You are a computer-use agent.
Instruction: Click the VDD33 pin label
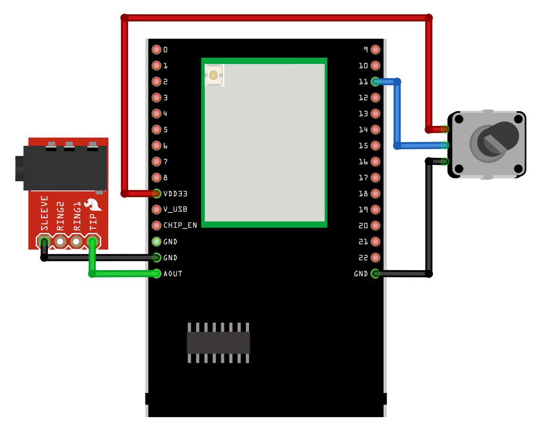(175, 194)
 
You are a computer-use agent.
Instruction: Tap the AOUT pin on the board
(157, 274)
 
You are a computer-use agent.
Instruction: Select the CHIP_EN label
(180, 226)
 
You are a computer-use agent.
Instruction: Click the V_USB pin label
(175, 209)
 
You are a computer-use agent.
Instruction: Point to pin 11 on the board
(375, 82)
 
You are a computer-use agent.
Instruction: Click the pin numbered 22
(375, 258)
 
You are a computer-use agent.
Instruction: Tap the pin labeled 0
(157, 50)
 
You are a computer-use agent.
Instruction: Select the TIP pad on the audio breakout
(92, 242)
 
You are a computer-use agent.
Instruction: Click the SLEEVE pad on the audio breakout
(45, 242)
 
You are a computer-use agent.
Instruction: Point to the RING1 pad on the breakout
(77, 242)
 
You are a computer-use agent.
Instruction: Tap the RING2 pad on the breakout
(60, 242)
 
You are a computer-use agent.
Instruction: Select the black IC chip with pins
(218, 342)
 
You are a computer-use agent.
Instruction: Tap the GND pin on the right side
(375, 274)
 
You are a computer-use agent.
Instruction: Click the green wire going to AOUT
(123, 273)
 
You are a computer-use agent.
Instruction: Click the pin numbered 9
(375, 50)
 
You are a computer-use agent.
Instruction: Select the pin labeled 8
(157, 178)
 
